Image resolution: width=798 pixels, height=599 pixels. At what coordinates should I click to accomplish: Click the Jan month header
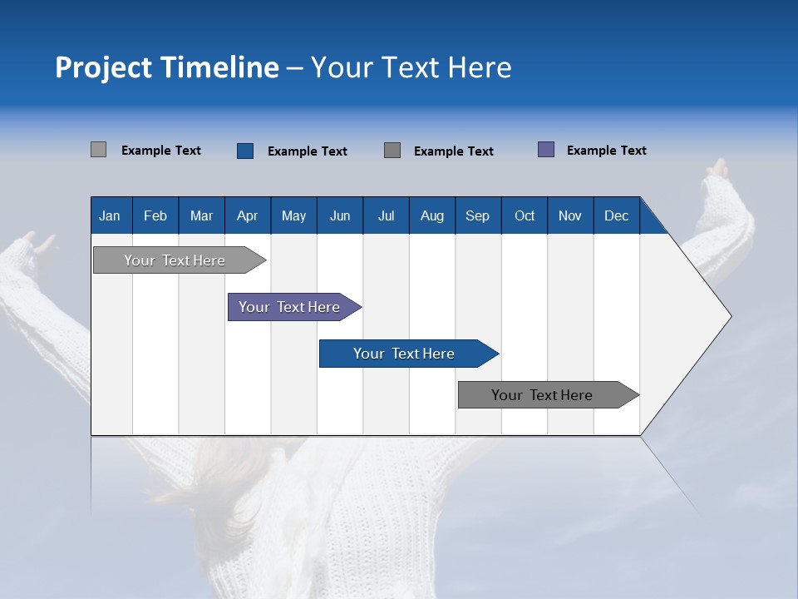pyautogui.click(x=110, y=216)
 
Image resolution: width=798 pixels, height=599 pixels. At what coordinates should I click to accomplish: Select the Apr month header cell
pyautogui.click(x=247, y=216)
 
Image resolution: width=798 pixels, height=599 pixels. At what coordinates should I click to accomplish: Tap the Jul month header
pyautogui.click(x=386, y=216)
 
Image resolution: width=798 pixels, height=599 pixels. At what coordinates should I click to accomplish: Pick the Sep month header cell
pyautogui.click(x=477, y=216)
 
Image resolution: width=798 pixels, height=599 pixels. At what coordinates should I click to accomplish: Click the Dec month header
pyautogui.click(x=616, y=216)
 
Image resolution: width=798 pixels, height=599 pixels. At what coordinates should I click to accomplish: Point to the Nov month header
pyautogui.click(x=569, y=216)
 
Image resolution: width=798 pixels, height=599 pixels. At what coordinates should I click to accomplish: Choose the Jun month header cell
pyautogui.click(x=339, y=216)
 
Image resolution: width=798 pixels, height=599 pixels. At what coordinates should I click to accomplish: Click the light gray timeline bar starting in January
pyautogui.click(x=175, y=260)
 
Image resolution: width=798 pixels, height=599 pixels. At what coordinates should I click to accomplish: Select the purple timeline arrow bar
pyautogui.click(x=289, y=307)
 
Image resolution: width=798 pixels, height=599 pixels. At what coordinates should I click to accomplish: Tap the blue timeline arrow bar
pyautogui.click(x=404, y=354)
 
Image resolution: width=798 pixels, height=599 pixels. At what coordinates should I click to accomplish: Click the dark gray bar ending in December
pyautogui.click(x=542, y=395)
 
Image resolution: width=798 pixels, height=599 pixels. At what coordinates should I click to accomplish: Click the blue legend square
pyautogui.click(x=245, y=151)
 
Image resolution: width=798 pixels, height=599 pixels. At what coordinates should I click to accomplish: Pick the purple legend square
pyautogui.click(x=546, y=150)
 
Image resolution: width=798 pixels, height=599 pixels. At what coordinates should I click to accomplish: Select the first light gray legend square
pyautogui.click(x=98, y=150)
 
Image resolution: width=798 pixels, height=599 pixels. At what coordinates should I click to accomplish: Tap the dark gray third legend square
pyautogui.click(x=392, y=151)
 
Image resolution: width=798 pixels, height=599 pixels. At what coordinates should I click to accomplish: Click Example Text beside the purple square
pyautogui.click(x=606, y=151)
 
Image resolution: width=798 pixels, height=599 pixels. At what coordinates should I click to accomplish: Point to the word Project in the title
pyautogui.click(x=102, y=68)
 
